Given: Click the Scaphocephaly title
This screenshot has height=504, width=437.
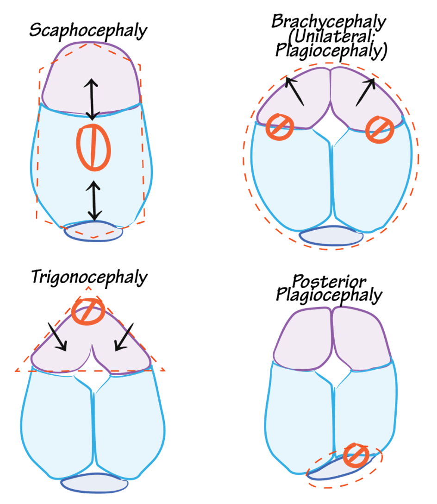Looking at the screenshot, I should click(x=88, y=30).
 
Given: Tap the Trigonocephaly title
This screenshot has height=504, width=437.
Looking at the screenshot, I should click(x=89, y=277).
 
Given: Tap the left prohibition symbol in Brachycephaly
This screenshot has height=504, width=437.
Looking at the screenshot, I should click(x=280, y=126).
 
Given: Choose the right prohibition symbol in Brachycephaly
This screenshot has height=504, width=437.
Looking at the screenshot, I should click(x=380, y=129).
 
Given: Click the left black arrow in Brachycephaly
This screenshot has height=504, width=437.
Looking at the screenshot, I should click(x=294, y=91).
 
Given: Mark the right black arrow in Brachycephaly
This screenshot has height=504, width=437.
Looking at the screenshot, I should click(x=365, y=92).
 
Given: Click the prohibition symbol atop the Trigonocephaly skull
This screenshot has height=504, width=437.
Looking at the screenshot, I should click(x=88, y=311).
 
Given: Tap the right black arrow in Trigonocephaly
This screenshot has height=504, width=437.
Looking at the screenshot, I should click(x=124, y=336).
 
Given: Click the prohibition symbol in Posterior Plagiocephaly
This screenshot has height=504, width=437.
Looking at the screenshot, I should click(x=356, y=455).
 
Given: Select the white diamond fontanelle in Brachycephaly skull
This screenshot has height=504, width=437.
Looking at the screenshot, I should click(x=331, y=129).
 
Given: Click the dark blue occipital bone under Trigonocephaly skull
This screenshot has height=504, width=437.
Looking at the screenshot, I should click(x=94, y=484).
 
